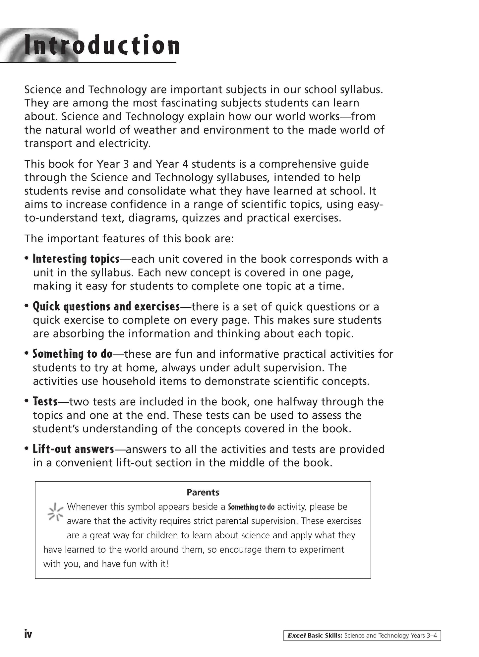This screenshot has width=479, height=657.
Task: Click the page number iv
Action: point(28,634)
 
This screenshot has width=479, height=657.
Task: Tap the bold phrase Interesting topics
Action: point(76,259)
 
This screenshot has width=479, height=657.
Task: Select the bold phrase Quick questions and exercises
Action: point(106,306)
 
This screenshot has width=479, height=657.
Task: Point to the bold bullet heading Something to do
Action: point(73,354)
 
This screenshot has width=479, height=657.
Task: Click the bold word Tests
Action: point(45,401)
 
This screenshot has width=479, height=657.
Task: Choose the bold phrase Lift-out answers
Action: point(73,449)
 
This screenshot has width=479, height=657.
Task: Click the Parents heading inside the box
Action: point(203,492)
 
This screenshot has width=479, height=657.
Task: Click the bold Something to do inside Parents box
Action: point(251,507)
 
